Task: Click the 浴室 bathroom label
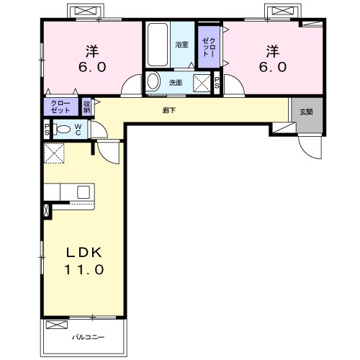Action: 181,45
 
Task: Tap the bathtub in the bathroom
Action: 158,45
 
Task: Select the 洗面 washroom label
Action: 176,83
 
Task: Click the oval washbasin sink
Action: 153,81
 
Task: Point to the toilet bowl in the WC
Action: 63,130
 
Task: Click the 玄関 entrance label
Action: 306,112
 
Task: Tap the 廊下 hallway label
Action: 169,110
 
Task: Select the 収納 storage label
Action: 86,107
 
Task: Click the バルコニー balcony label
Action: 89,337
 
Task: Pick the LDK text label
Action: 84,253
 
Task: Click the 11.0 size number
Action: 84,269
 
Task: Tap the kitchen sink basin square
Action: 84,192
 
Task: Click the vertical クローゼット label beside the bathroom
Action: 209,47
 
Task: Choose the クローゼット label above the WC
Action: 60,107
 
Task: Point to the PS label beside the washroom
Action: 217,83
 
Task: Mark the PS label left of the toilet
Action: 47,130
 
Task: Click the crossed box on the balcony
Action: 57,325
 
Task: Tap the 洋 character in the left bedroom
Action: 92,51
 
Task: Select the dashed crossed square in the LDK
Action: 54,153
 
